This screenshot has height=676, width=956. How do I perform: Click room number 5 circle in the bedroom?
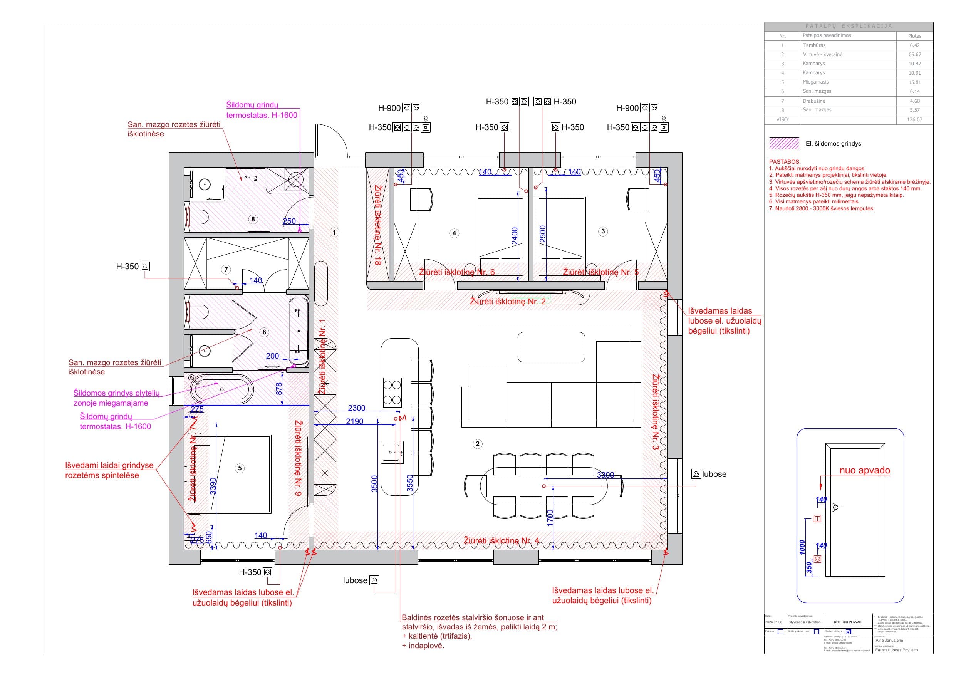click(240, 468)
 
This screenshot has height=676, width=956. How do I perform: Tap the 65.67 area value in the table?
click(914, 55)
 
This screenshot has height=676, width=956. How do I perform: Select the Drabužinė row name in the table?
click(814, 101)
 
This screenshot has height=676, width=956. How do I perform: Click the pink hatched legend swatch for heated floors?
click(784, 143)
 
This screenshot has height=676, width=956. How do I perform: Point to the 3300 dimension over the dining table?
click(605, 475)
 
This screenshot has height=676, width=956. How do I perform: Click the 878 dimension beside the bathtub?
click(279, 389)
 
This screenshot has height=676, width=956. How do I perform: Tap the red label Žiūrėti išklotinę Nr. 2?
click(507, 301)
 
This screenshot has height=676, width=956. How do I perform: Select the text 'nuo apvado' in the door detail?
click(864, 470)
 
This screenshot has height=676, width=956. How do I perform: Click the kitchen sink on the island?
click(392, 451)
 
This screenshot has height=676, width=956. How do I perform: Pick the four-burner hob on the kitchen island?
click(392, 393)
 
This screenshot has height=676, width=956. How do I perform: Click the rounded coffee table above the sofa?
click(551, 347)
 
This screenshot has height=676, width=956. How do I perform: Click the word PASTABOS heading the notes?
click(785, 162)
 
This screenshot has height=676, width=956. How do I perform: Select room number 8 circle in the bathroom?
click(253, 219)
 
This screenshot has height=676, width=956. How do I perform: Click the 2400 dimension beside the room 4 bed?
click(515, 236)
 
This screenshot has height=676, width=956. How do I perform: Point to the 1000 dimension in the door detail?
click(802, 547)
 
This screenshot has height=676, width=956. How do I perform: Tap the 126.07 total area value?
click(914, 119)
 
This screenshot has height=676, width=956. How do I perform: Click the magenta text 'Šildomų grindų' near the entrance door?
click(252, 105)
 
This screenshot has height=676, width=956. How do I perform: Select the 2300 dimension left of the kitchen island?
click(356, 408)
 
